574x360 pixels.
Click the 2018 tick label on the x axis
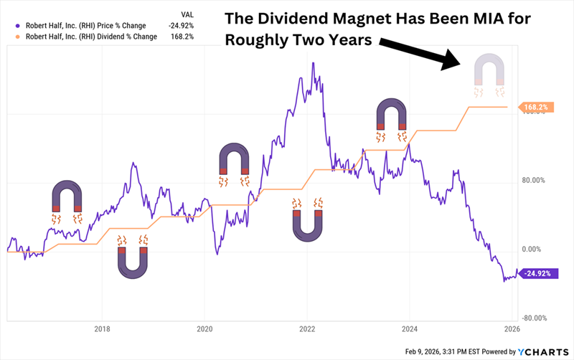pyautogui.click(x=102, y=331)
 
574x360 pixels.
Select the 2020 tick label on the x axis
pyautogui.click(x=204, y=331)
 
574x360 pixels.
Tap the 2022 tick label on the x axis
pyautogui.click(x=307, y=331)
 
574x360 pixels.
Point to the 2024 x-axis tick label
pyautogui.click(x=410, y=331)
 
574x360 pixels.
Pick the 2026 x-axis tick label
pyautogui.click(x=512, y=331)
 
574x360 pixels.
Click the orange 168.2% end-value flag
pyautogui.click(x=536, y=107)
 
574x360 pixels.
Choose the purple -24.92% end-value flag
pyautogui.click(x=537, y=274)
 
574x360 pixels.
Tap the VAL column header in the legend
pyautogui.click(x=185, y=13)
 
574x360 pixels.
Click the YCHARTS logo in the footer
pyautogui.click(x=542, y=351)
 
